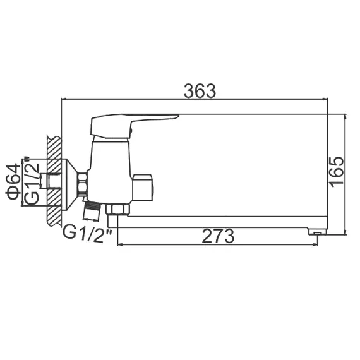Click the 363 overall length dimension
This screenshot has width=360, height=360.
click(200, 90)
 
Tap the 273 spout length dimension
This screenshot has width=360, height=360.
click(218, 236)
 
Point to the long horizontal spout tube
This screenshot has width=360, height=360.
click(221, 220)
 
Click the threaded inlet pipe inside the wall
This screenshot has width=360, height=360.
click(44, 183)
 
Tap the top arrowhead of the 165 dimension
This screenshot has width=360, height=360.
click(346, 117)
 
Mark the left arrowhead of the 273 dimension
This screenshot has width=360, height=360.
click(120, 245)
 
